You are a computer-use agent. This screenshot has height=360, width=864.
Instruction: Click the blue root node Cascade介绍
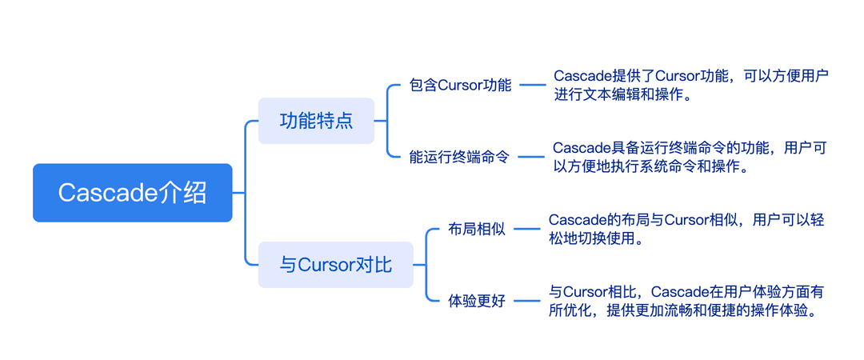click(x=132, y=193)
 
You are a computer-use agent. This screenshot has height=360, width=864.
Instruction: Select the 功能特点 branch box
click(x=316, y=121)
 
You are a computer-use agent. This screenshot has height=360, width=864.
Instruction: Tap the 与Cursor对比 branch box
click(x=335, y=265)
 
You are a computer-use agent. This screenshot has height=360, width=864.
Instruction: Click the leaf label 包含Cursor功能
click(x=460, y=86)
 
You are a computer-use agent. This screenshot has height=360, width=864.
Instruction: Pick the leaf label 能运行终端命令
click(x=458, y=157)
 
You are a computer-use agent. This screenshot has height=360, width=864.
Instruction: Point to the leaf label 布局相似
click(x=477, y=230)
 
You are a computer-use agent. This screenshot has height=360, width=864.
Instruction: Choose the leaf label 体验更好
click(x=477, y=301)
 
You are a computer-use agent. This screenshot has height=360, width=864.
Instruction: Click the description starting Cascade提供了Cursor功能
click(x=691, y=85)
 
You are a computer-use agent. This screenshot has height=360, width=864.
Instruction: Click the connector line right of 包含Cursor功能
click(x=533, y=85)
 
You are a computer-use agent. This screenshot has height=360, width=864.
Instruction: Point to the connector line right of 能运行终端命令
click(x=530, y=157)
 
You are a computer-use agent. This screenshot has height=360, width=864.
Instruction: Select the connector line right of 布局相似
click(x=527, y=229)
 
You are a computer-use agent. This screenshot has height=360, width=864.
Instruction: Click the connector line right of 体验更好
click(x=527, y=301)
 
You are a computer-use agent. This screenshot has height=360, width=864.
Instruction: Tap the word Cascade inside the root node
click(x=109, y=193)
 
